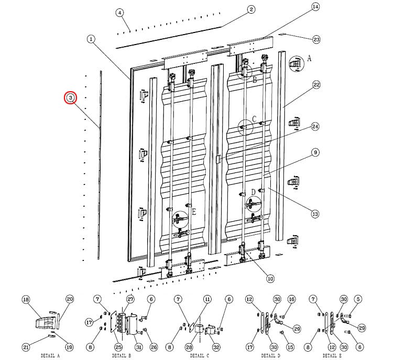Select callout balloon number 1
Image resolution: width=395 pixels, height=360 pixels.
pos(91,39)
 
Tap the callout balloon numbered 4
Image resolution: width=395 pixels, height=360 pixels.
pos(120,13)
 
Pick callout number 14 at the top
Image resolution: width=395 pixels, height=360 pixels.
pos(315,7)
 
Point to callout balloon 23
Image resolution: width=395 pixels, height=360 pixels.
pos(316,39)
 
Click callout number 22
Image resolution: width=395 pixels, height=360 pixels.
pos(316,84)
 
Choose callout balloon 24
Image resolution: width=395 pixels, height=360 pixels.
pos(315,126)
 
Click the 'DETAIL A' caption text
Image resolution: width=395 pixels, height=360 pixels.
pos(50,355)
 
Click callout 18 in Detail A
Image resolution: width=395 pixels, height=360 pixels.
pos(25,299)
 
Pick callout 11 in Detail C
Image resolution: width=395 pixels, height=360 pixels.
pos(207,299)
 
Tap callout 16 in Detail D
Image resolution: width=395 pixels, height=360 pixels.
pos(291,299)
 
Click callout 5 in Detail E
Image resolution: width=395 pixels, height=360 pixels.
pos(357,299)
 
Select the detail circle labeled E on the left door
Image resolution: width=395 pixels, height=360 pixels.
pos(180,217)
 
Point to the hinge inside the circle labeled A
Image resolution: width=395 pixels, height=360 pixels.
pos(296,63)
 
